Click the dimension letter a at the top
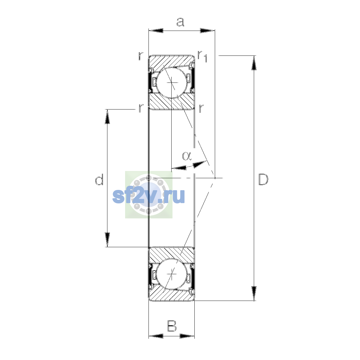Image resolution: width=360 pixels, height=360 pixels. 180,22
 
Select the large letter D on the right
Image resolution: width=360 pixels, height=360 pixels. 263,179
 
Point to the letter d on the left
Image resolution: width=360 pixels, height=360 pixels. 99,179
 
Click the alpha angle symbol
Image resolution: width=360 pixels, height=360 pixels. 187,156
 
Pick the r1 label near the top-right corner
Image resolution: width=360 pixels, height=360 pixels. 202,56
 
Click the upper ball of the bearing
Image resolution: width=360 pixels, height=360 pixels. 172,82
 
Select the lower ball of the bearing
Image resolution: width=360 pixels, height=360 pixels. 172,274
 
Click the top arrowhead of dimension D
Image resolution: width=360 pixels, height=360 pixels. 254,63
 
